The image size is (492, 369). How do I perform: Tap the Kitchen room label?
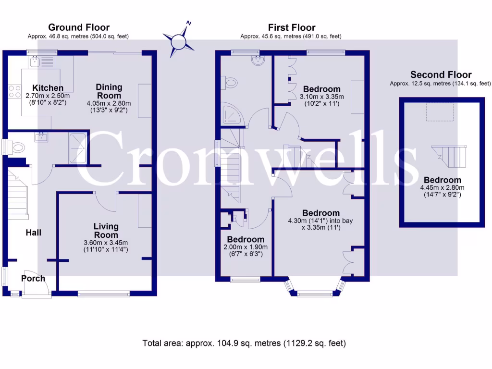(x=48, y=88)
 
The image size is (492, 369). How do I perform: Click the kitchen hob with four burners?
(x=13, y=91)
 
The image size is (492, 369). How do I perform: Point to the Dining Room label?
(x=109, y=91)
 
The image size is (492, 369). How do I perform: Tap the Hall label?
(x=33, y=233)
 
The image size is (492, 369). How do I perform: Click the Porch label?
(x=33, y=278)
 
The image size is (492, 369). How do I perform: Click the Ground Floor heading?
(x=79, y=27)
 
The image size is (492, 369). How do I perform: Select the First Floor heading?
(x=292, y=27)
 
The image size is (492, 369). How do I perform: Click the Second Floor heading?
(x=441, y=74)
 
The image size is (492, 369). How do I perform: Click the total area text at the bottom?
(x=244, y=343)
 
